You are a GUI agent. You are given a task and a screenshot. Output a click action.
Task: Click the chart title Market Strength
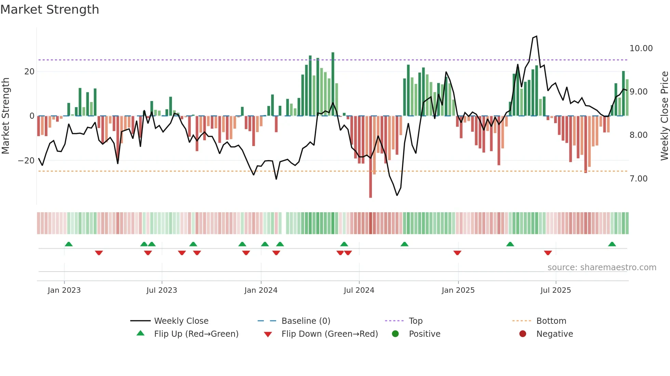click(50, 10)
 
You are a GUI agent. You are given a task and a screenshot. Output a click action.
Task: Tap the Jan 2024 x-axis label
click(261, 290)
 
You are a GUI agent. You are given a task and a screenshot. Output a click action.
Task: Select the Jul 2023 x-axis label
click(162, 290)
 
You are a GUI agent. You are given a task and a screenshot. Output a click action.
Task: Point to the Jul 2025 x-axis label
click(555, 290)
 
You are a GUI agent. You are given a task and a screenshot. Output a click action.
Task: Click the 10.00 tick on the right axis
click(641, 48)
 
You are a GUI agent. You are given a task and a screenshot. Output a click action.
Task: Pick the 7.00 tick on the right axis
click(638, 179)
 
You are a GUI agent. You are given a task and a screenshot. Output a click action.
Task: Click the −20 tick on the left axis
click(26, 161)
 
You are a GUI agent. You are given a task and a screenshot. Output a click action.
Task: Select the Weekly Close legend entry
click(181, 321)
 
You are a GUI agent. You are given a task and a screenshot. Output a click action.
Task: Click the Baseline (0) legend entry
click(306, 321)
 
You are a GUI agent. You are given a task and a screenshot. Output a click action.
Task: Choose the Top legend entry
click(415, 321)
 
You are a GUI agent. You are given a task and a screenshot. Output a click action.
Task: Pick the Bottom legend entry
click(551, 321)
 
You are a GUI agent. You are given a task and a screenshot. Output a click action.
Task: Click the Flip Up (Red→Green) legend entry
click(196, 334)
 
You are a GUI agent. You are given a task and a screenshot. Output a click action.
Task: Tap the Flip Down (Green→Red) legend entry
click(330, 334)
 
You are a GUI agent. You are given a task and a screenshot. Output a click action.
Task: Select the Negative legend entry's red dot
click(523, 334)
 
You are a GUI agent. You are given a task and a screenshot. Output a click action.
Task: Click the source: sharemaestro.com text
click(602, 267)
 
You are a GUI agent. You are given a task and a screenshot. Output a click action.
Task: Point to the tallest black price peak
click(536, 37)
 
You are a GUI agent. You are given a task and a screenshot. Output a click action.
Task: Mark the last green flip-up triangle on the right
click(612, 244)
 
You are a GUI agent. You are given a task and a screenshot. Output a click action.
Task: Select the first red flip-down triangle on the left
click(99, 253)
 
